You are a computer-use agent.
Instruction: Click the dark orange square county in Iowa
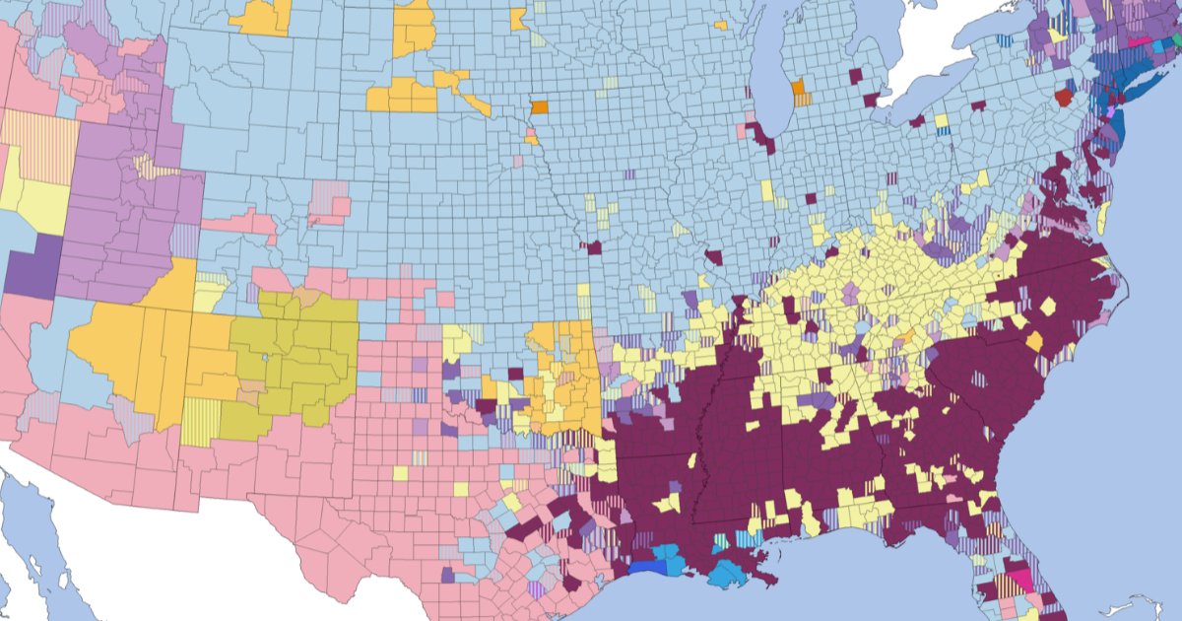click(x=540, y=107)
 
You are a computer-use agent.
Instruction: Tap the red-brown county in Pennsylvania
click(x=1063, y=98)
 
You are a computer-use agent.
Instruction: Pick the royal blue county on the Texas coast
click(x=647, y=568)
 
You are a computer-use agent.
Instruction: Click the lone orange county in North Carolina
click(x=1034, y=341)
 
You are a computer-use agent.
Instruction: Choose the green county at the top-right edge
click(x=1176, y=38)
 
